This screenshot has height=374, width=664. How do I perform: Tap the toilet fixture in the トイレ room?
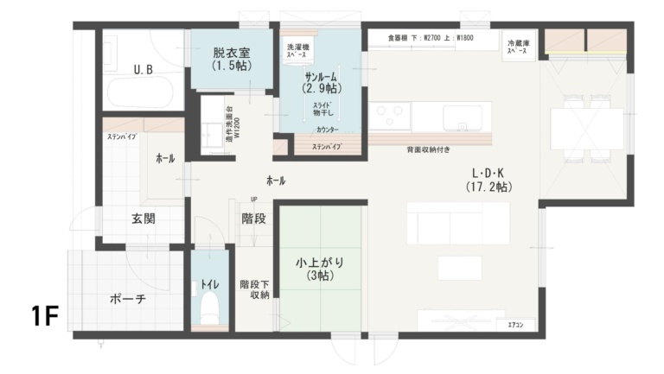pyautogui.click(x=208, y=307)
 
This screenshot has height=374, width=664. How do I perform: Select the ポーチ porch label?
pyautogui.click(x=128, y=299)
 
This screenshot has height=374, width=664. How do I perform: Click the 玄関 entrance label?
pyautogui.click(x=144, y=219)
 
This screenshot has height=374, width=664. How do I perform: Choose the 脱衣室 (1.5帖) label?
pyautogui.click(x=231, y=58)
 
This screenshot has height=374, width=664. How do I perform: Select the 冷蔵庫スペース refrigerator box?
pyautogui.click(x=517, y=45)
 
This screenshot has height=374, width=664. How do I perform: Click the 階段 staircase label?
pyautogui.click(x=253, y=219)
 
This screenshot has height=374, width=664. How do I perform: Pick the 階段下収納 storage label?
pyautogui.click(x=254, y=288)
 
